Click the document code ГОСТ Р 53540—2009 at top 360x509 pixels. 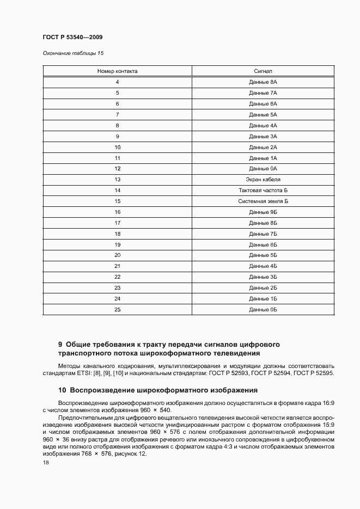coord(72,37)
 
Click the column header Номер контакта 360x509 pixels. coord(117,71)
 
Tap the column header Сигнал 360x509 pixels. coord(263,71)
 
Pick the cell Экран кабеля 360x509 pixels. coord(263,180)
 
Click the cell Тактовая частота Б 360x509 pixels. coord(263,191)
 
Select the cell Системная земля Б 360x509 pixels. coord(263,201)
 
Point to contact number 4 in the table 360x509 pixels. coord(117,82)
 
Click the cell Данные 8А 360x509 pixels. coord(263,82)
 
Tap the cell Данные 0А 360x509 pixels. coord(263,169)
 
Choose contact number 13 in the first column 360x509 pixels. coord(117,180)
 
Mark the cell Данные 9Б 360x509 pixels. coord(263,212)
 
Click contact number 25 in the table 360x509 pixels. coord(117,309)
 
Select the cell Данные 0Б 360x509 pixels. coord(263,309)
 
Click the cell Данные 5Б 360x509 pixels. coord(263,255)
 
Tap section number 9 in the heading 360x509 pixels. coord(60,345)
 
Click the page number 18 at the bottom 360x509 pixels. coord(45,462)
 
